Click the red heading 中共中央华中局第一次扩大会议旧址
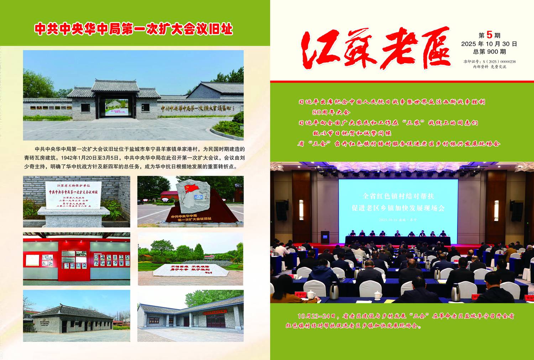(133, 29)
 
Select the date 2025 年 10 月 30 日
(489, 44)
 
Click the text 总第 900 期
(489, 52)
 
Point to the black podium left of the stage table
(325, 237)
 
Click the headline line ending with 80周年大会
(331, 112)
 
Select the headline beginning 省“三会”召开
(399, 144)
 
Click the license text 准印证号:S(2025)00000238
(489, 62)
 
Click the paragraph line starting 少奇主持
(130, 166)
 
